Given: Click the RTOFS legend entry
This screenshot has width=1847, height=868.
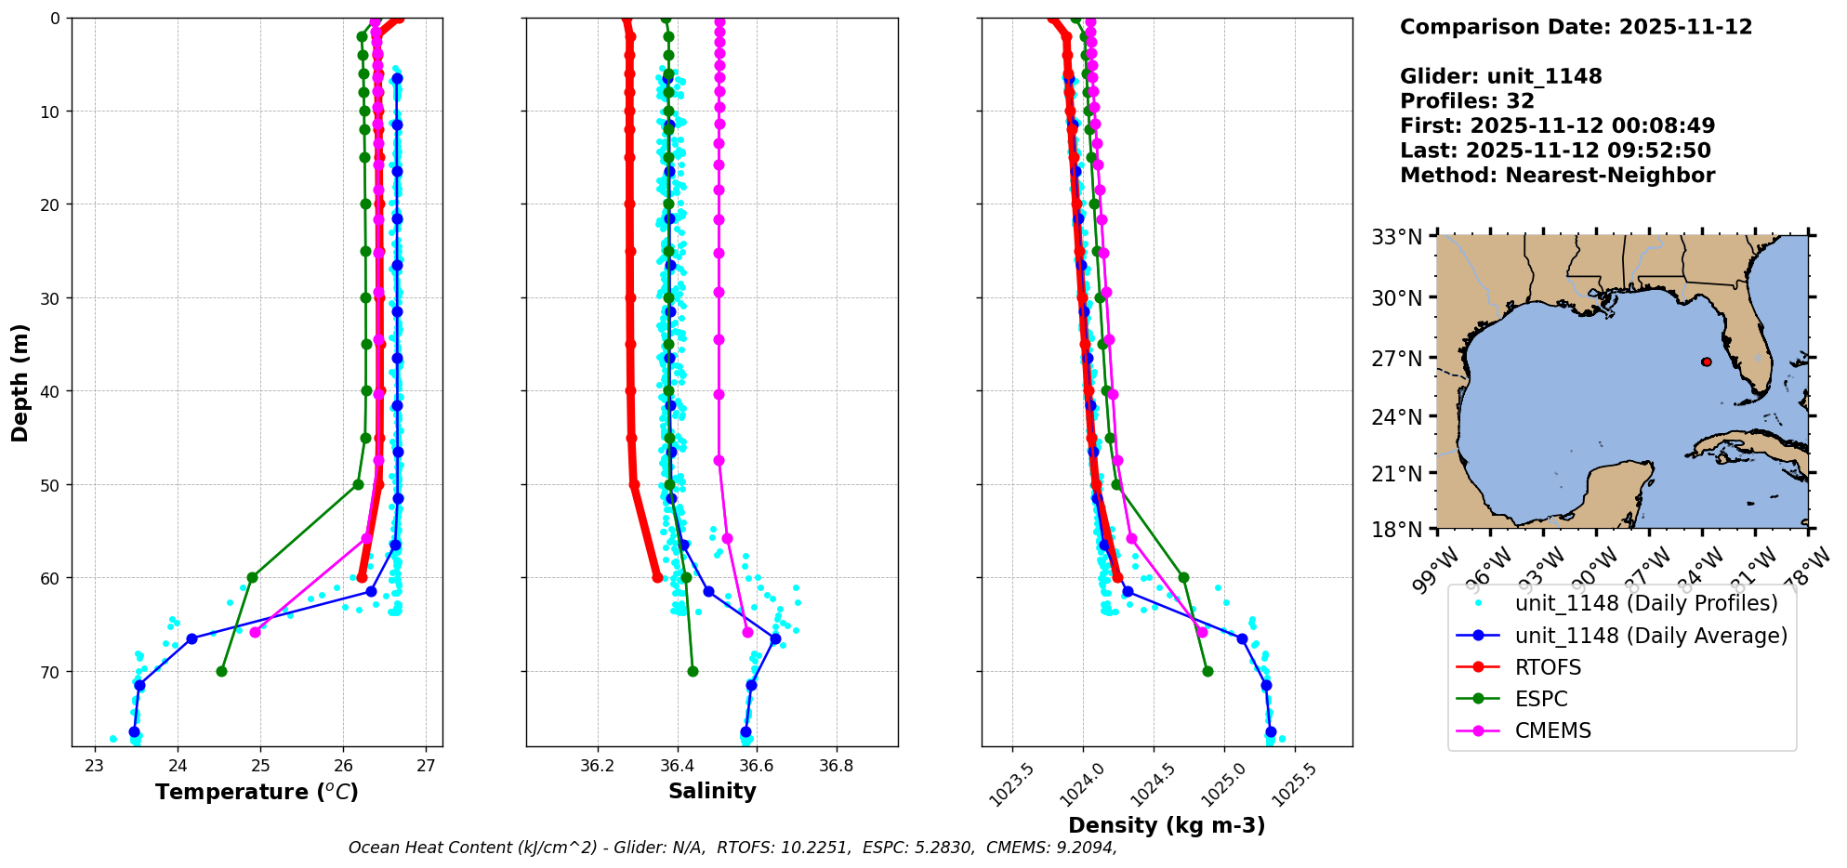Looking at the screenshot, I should click(1548, 667).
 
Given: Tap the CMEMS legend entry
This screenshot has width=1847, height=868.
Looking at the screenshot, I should click(1552, 730).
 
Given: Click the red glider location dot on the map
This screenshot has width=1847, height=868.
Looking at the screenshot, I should click(1707, 362).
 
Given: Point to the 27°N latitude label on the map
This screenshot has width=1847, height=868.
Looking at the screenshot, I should click(1398, 359).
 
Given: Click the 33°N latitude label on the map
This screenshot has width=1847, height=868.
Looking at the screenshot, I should click(1398, 238).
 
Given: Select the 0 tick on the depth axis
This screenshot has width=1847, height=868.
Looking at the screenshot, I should click(55, 19).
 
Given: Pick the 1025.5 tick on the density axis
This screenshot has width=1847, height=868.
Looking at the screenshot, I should click(1298, 784).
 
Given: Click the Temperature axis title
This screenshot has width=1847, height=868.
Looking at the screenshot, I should click(257, 792).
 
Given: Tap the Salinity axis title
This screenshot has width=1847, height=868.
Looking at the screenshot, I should click(712, 791).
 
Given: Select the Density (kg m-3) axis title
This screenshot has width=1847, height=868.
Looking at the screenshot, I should click(1167, 825).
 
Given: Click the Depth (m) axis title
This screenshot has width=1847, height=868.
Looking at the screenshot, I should click(20, 382).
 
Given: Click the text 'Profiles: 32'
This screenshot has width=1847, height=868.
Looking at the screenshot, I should click(1467, 101).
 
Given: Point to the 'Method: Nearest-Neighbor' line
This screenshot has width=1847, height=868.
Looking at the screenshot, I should click(1557, 176).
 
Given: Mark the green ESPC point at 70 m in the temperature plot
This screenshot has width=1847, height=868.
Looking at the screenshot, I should click(221, 671).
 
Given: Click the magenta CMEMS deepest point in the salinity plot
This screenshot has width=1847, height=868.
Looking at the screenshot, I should click(747, 632).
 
